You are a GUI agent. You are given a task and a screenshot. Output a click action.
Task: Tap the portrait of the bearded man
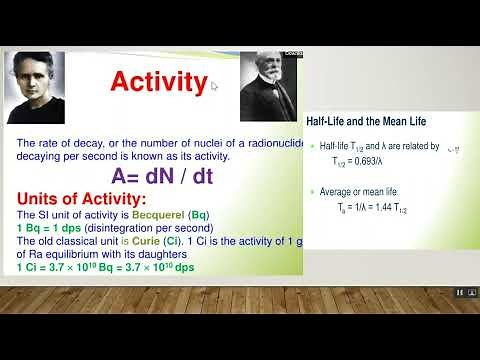265,87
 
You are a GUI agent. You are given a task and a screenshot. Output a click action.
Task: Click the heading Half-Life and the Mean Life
365,121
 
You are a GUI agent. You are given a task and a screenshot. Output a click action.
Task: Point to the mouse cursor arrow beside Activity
214,85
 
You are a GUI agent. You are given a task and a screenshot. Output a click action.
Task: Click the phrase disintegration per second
137,228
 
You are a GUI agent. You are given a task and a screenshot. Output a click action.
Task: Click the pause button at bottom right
459,292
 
